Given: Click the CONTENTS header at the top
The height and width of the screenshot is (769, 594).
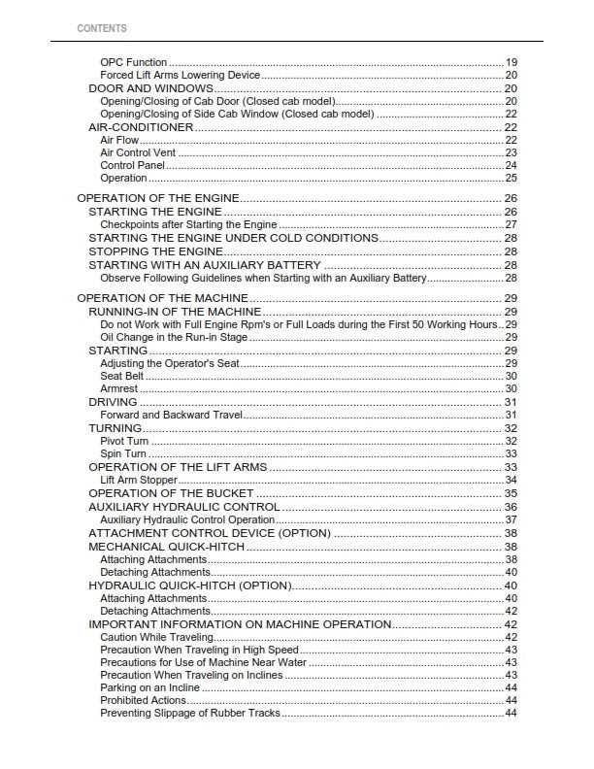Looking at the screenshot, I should tap(101, 28).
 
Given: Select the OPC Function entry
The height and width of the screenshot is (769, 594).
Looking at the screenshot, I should tap(134, 62).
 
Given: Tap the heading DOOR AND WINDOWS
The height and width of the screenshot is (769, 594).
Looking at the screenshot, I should tap(150, 88).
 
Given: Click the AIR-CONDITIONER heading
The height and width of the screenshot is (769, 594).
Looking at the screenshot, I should tap(141, 127).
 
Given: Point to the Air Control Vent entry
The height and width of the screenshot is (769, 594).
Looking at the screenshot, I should tap(138, 152).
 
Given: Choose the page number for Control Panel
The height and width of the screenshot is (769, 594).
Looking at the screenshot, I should tap(511, 165).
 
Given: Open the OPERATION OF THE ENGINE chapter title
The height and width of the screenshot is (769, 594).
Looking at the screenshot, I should tap(156, 198).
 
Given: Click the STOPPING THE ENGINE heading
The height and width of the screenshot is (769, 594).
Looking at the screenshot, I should tap(155, 251).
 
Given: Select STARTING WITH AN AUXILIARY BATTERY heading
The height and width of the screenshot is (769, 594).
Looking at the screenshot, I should tap(205, 265).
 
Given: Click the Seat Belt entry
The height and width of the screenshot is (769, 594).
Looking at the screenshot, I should tap(121, 376).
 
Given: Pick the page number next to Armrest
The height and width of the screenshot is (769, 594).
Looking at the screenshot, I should tap(511, 388).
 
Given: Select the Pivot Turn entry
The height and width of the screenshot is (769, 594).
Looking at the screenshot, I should tap(124, 441).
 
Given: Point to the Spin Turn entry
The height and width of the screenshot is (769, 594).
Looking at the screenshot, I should tap(123, 453).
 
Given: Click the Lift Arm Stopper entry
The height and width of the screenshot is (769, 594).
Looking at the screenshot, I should tap(138, 480).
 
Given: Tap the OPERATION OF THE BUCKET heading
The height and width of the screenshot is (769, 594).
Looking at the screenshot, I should tap(171, 493).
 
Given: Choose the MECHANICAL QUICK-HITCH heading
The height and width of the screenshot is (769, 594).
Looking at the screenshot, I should tap(166, 547).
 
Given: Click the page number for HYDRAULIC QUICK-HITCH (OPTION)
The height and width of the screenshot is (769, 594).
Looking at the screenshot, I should tap(511, 585).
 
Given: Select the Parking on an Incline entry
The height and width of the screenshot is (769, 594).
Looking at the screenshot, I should tap(149, 687).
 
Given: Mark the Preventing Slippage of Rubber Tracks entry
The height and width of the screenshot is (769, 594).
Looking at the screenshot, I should tap(190, 713).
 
